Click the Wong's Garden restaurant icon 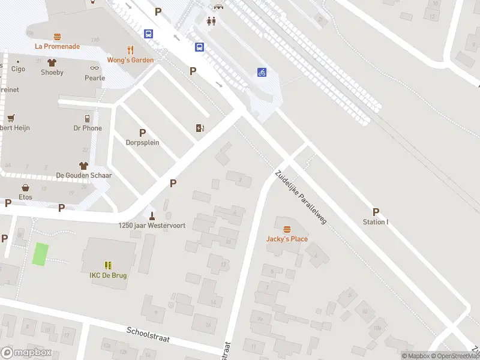tap(130, 50)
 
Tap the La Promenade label tap(58, 46)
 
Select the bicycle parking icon tap(262, 73)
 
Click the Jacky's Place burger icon tap(287, 229)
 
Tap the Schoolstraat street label tap(148, 335)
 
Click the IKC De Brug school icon tap(109, 265)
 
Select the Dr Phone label tap(88, 128)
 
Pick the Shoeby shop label tap(52, 73)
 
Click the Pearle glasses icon tap(94, 68)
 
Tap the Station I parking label tap(376, 222)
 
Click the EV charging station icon tap(200, 128)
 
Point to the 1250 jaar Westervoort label tap(152, 226)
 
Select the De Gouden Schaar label tap(84, 175)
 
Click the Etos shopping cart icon tap(25, 187)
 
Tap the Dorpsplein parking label tap(142, 143)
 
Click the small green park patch tap(40, 254)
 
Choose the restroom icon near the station tap(211, 21)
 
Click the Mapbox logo tap(26, 353)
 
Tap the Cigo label tap(18, 69)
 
